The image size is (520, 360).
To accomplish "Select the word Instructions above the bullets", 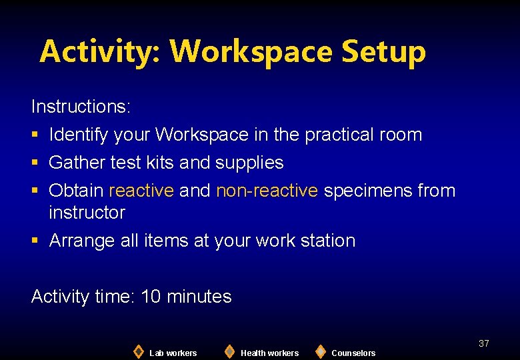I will [x=81, y=107].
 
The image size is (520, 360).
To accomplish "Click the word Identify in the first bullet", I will [x=79, y=135].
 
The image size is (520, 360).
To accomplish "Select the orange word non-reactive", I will [x=267, y=191].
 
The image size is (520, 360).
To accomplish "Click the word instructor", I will [x=87, y=213].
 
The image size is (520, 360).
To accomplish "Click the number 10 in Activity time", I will [x=151, y=297].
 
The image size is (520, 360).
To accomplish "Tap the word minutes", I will [x=199, y=297].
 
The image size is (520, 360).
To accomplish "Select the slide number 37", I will [x=484, y=343].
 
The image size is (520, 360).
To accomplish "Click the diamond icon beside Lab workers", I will [x=139, y=351].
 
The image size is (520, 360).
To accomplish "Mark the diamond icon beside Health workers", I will [x=229, y=351].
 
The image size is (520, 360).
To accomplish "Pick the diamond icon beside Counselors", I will [x=321, y=351].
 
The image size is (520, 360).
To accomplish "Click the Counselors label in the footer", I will [x=353, y=353].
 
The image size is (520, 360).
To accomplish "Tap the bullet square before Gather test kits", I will [x=35, y=163].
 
